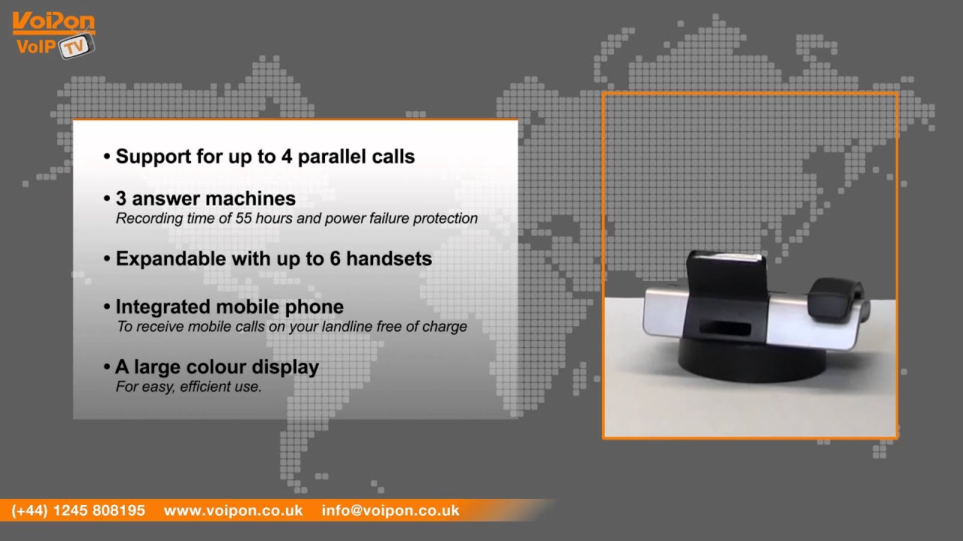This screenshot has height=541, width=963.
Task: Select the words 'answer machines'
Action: [214, 199]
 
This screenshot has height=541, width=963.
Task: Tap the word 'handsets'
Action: [390, 259]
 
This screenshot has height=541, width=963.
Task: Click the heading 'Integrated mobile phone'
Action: [229, 307]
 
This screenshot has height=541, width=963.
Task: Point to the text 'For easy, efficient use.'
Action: [188, 388]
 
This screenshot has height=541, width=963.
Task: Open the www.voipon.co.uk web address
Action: [233, 511]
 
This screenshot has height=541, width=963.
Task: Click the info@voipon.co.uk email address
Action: [390, 511]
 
